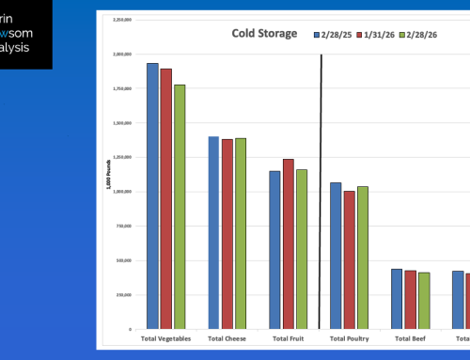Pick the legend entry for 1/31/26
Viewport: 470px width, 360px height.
(380, 35)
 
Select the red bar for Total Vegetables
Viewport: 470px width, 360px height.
(166, 198)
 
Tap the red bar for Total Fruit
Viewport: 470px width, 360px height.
(288, 243)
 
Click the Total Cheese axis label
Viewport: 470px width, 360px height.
(227, 337)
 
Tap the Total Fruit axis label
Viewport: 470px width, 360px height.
(288, 337)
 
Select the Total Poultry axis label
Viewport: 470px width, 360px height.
(349, 337)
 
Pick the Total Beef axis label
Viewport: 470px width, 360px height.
(410, 337)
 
